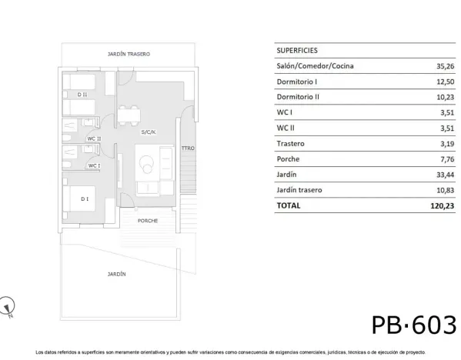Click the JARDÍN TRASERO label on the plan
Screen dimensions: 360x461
[129, 55]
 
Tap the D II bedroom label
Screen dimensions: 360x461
[82, 95]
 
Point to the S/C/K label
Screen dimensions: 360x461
[149, 132]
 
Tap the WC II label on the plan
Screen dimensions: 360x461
[94, 138]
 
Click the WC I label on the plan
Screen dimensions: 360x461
[93, 165]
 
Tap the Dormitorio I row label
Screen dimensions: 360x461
[297, 82]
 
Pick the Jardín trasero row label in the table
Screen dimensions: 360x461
[299, 189]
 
